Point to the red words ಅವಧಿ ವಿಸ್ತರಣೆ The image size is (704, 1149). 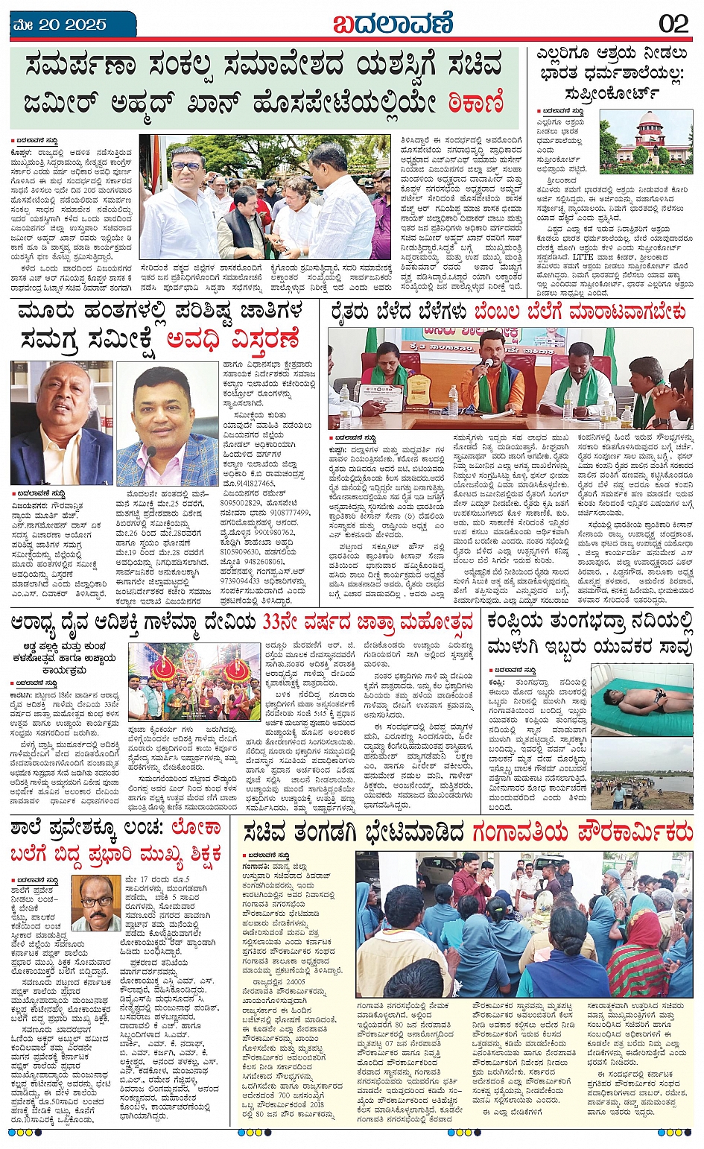click(232, 341)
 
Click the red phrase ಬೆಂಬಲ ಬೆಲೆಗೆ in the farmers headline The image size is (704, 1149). click(522, 312)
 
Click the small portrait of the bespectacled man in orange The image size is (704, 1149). click(95, 903)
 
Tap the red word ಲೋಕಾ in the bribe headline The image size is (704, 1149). click(195, 828)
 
